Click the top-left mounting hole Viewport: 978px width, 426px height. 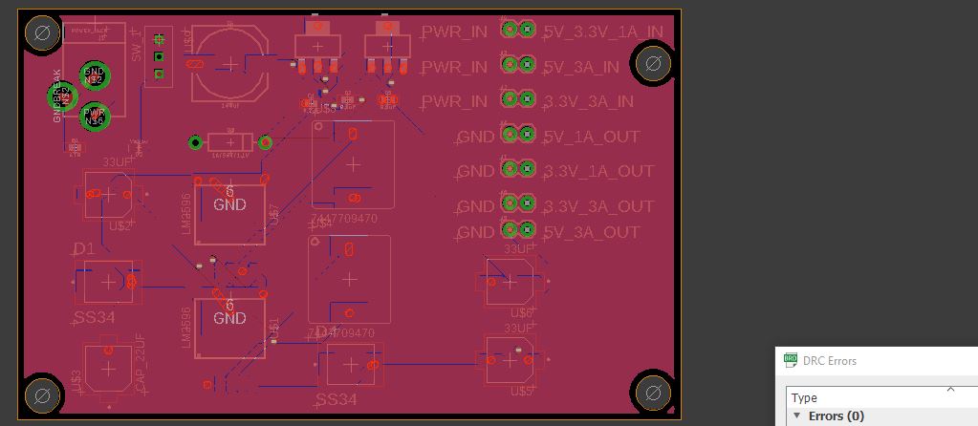(42, 36)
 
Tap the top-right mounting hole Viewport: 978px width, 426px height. (652, 65)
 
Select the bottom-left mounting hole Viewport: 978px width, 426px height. (42, 394)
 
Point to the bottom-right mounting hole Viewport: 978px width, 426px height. (653, 391)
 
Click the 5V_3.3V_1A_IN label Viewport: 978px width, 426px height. (602, 32)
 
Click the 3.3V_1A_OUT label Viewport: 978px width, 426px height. (598, 172)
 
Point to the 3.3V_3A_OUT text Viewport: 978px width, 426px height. (598, 206)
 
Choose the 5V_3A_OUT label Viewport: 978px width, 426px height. (591, 232)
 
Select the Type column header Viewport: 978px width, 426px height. (804, 397)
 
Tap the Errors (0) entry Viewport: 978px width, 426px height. (836, 416)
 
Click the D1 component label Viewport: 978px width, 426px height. (84, 249)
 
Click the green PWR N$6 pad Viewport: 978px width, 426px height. (94, 117)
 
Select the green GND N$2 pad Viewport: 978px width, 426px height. (94, 75)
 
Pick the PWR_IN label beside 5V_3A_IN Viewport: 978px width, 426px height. (454, 67)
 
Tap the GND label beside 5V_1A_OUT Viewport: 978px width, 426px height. (476, 138)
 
